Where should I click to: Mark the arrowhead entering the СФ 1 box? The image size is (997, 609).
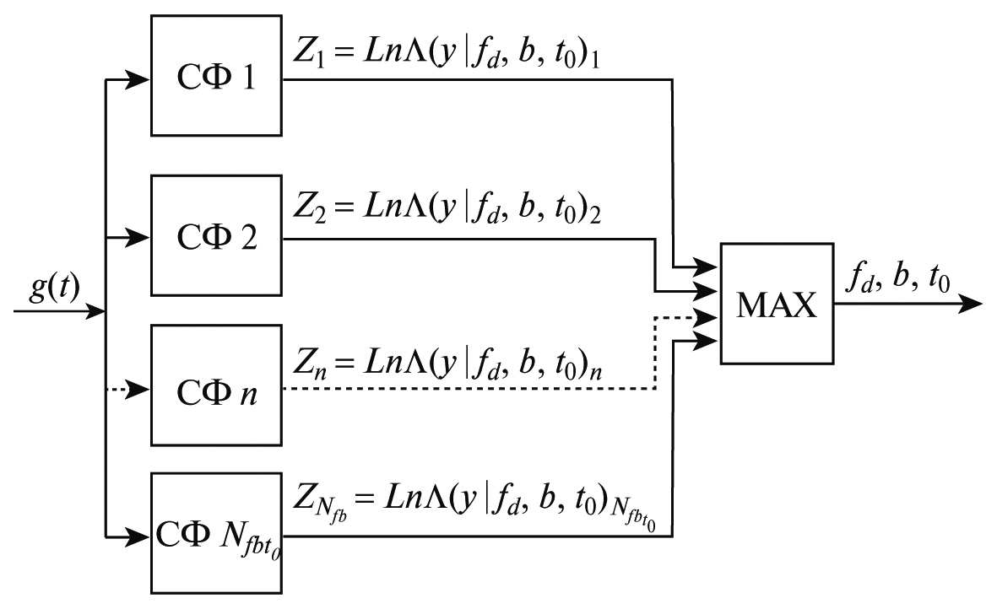(141, 81)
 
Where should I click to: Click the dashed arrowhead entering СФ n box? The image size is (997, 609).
(141, 389)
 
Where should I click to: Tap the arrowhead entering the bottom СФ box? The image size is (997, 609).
(141, 536)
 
